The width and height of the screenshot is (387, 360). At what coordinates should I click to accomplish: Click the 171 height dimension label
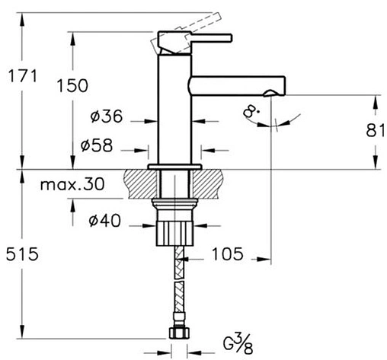pyautogui.click(x=23, y=76)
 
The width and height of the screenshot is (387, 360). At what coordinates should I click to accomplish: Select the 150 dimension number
pyautogui.click(x=72, y=85)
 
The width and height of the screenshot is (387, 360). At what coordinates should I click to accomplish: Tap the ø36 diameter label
pyautogui.click(x=107, y=116)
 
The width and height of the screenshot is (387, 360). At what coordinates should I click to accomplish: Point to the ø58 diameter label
pyautogui.click(x=97, y=145)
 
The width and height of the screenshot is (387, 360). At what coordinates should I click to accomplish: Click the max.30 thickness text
pyautogui.click(x=72, y=184)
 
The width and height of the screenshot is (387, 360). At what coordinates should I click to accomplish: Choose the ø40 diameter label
pyautogui.click(x=104, y=221)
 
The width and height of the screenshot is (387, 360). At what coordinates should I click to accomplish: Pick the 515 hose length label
pyautogui.click(x=22, y=254)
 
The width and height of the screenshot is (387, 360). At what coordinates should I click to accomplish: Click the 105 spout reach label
pyautogui.click(x=228, y=254)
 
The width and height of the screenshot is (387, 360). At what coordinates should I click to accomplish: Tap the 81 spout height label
pyautogui.click(x=376, y=131)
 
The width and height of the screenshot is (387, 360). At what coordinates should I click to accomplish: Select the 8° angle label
pyautogui.click(x=251, y=112)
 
